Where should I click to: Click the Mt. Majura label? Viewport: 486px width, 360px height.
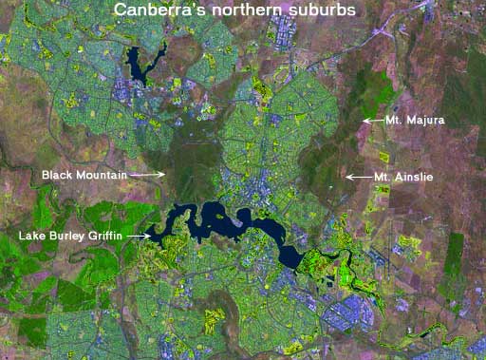[x=415, y=122]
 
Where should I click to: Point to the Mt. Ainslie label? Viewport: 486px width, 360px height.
[x=403, y=178]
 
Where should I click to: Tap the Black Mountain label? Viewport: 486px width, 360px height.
[x=84, y=176]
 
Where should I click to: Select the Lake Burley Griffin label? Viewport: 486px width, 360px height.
[x=71, y=235]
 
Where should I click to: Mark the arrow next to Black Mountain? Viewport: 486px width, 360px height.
[x=147, y=176]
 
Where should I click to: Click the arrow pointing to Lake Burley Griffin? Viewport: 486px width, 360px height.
[x=139, y=235]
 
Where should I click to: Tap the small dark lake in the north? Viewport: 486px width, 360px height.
[x=142, y=65]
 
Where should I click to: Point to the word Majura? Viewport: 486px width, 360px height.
[x=425, y=122]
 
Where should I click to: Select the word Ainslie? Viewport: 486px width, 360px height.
[x=414, y=178]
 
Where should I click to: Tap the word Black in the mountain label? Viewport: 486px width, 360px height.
[x=57, y=176]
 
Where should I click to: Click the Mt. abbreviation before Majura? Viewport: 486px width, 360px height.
[x=395, y=122]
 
